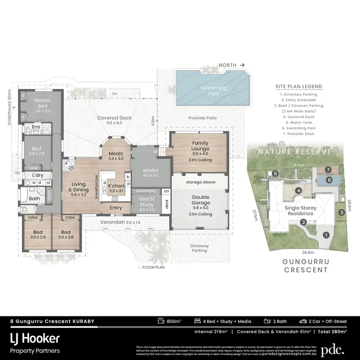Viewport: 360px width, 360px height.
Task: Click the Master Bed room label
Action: pyautogui.click(x=42, y=103)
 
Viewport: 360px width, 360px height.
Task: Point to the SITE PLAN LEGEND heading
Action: pyautogui.click(x=299, y=86)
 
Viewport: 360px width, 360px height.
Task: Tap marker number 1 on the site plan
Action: pyautogui.click(x=326, y=235)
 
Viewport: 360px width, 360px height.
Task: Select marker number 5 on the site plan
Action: pyautogui.click(x=276, y=173)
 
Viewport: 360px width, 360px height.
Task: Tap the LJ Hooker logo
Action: pyautogui.click(x=35, y=339)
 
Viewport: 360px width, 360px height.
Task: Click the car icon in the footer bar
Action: pyautogui.click(x=303, y=321)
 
